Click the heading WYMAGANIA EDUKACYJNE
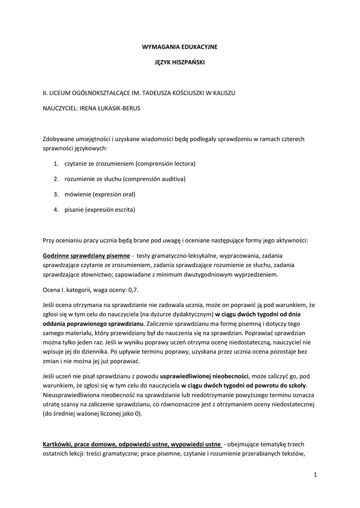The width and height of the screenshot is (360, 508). pos(180,46)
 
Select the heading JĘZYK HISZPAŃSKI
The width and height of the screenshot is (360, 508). pos(180,63)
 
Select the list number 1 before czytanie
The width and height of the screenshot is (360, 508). pos(56,163)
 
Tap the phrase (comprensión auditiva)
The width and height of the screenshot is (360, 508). pos(154,179)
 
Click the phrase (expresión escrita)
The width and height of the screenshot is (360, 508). pos(110,209)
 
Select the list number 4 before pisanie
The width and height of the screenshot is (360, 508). pos(56,209)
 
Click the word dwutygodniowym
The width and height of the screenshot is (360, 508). pos(221,274)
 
